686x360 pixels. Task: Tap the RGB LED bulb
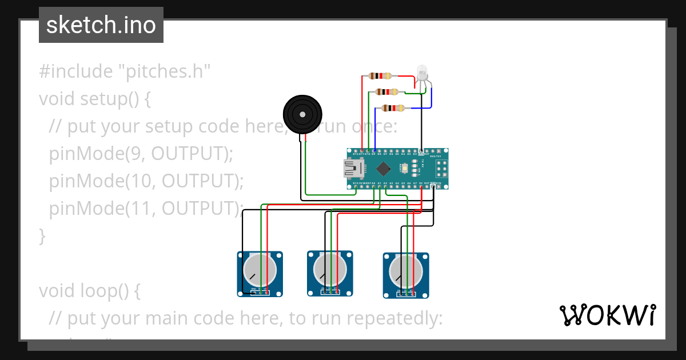422,72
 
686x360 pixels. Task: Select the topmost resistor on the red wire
380,75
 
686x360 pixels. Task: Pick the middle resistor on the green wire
387,91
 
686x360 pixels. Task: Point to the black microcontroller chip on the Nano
384,169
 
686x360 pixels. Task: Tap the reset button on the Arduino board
405,169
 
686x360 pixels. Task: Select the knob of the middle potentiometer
329,269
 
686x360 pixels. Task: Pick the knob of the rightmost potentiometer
405,271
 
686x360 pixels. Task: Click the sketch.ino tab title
101,25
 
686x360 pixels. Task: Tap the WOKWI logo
607,315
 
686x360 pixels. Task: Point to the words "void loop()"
89,291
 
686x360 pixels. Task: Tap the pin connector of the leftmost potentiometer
260,291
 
